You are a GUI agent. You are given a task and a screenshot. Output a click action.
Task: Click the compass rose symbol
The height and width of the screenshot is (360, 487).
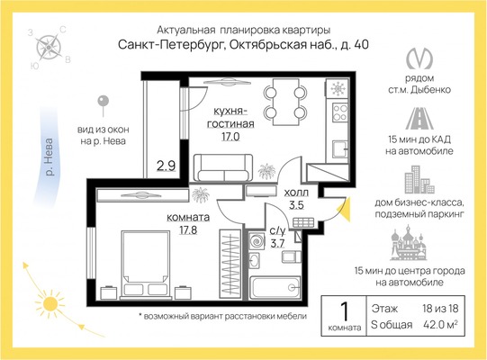pos(48,47)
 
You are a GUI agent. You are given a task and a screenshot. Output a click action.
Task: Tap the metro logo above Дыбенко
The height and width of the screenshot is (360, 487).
pos(419,58)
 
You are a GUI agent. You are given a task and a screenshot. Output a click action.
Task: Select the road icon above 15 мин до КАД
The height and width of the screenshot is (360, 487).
pos(419,118)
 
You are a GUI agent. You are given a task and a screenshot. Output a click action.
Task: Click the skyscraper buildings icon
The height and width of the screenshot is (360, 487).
pos(419,179)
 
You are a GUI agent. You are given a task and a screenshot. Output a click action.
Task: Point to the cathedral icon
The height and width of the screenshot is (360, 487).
pos(409,244)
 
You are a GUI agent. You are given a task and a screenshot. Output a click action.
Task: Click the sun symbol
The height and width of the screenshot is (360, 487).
pos(50,304)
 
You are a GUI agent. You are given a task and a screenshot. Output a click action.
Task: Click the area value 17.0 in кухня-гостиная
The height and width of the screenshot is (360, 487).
pos(230,137)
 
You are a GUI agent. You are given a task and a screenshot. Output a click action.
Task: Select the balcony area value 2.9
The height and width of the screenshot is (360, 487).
pos(166,166)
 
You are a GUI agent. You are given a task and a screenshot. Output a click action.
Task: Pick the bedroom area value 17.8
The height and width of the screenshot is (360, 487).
pos(188,230)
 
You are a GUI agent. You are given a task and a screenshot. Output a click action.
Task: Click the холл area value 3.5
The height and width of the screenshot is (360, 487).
pos(296,205)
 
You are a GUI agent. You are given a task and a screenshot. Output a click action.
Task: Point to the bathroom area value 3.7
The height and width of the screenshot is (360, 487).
pos(277,243)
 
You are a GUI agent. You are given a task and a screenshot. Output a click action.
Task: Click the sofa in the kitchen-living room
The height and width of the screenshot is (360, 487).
pos(222,167)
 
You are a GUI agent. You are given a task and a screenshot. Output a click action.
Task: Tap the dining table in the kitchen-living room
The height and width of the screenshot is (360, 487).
pos(285,102)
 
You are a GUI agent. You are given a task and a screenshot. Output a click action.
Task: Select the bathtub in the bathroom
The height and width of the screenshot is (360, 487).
pos(275,288)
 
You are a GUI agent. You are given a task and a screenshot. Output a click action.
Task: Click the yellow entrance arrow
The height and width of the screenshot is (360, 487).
pos(345,209)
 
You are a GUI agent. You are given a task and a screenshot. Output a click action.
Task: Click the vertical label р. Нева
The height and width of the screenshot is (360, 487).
pos(49,157)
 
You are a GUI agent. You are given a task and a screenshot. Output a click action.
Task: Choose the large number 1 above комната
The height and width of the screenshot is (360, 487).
pos(344,311)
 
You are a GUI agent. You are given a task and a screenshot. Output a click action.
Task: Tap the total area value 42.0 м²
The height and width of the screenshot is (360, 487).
pos(440,325)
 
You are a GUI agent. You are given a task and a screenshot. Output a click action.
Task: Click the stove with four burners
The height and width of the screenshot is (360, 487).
pos(339,112)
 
